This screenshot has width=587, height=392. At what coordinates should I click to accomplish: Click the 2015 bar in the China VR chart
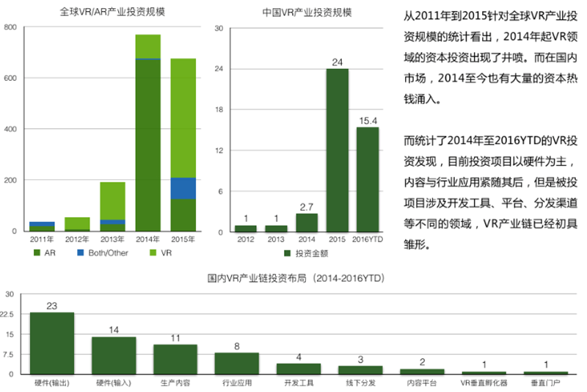(x=338, y=150)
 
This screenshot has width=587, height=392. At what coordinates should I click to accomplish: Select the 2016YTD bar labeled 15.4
(x=368, y=180)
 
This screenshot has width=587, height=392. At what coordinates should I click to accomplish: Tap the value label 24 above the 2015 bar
(x=338, y=62)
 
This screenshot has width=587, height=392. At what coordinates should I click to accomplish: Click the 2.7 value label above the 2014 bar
(x=307, y=207)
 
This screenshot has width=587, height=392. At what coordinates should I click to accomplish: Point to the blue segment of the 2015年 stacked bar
(x=183, y=188)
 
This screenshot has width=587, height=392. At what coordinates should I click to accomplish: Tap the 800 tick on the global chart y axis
(x=10, y=27)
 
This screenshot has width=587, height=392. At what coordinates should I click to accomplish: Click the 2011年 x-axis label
(x=42, y=239)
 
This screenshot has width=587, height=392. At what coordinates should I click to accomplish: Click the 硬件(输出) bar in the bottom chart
(x=51, y=344)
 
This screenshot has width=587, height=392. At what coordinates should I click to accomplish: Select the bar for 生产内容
(x=175, y=359)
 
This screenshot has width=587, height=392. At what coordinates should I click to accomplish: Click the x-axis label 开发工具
(x=298, y=383)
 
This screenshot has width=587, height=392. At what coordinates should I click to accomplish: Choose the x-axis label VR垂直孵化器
(x=484, y=383)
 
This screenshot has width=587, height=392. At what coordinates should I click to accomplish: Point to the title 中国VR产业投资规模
(x=307, y=12)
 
